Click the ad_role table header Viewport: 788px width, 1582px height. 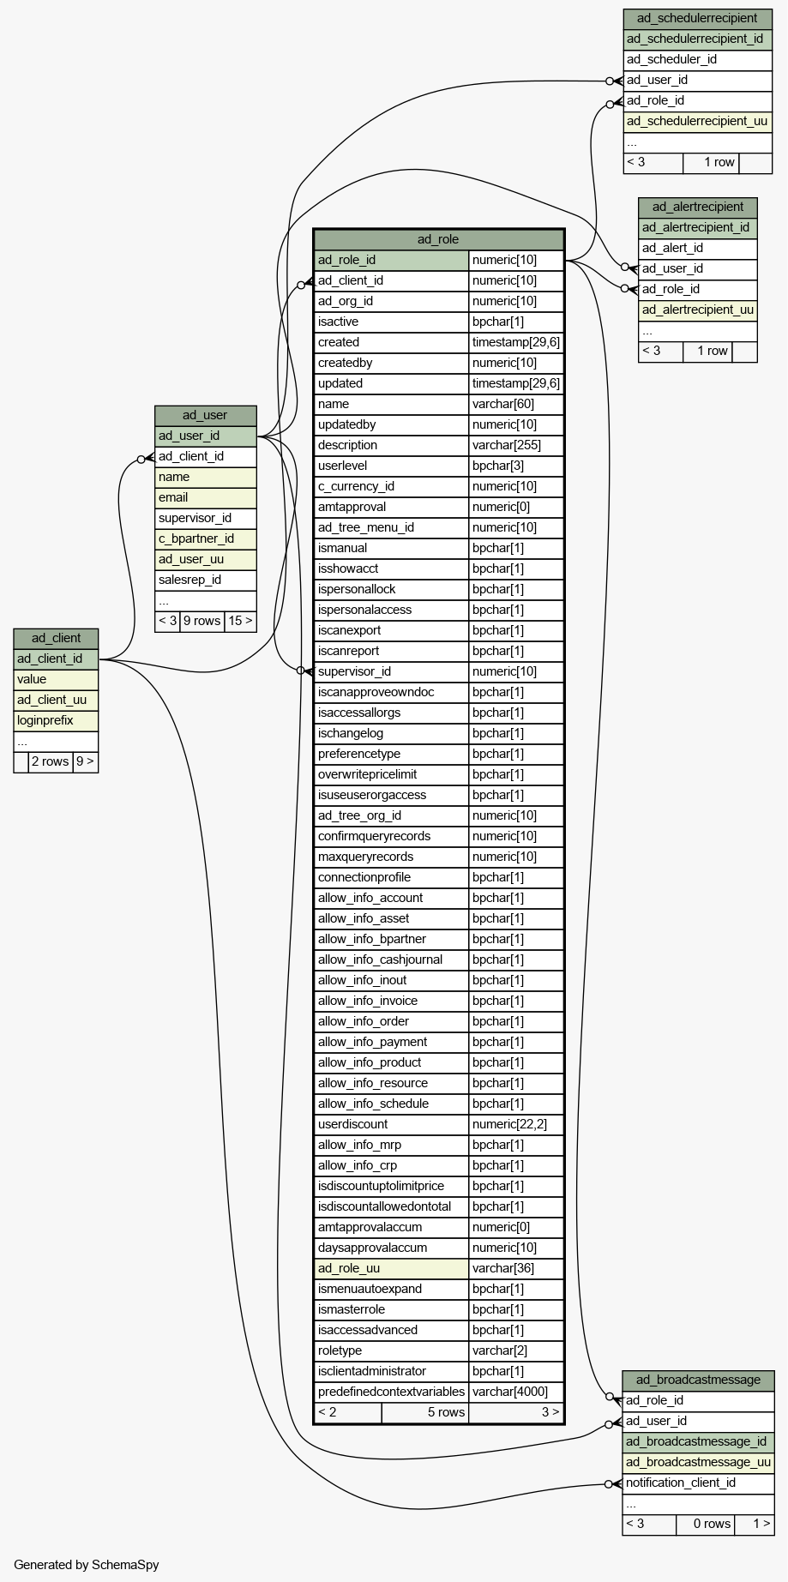pyautogui.click(x=438, y=239)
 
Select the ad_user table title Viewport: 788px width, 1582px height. pyautogui.click(x=205, y=415)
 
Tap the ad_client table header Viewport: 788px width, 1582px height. pyautogui.click(x=56, y=638)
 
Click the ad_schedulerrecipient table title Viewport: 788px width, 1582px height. pyautogui.click(x=697, y=18)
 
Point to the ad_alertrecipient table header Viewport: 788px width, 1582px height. pyautogui.click(x=697, y=207)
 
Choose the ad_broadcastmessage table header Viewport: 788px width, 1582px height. pyautogui.click(x=698, y=1380)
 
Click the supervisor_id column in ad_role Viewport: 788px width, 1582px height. pyautogui.click(x=354, y=671)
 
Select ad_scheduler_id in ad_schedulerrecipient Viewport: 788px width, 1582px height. pyautogui.click(x=671, y=59)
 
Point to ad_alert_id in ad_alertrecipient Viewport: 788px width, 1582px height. pyautogui.click(x=672, y=248)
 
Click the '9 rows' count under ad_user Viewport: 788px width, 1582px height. pyautogui.click(x=202, y=621)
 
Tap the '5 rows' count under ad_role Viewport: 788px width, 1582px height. pyautogui.click(x=446, y=1412)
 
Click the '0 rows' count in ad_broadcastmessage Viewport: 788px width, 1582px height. pyautogui.click(x=712, y=1524)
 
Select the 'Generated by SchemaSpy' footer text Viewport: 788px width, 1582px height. pyautogui.click(x=87, y=1565)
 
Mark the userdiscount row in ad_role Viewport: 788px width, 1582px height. pyautogui.click(x=438, y=1124)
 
